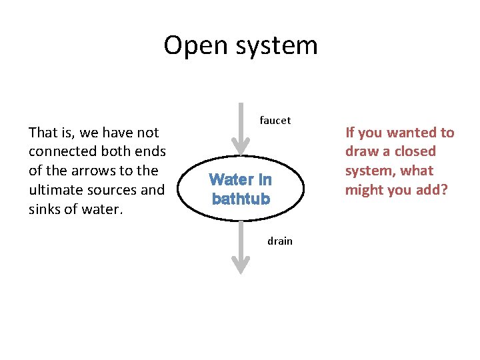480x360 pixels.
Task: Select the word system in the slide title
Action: click(x=276, y=46)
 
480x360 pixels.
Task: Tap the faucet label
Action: click(x=275, y=121)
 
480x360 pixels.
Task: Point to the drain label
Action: click(x=280, y=241)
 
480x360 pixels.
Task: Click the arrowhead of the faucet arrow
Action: click(x=240, y=146)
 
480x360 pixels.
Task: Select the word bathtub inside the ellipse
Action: click(x=241, y=199)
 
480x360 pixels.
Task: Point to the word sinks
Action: click(x=46, y=209)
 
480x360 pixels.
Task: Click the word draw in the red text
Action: click(x=361, y=151)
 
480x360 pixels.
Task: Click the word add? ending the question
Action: click(x=432, y=190)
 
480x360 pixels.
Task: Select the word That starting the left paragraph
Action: click(x=43, y=133)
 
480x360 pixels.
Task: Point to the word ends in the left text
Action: click(x=151, y=151)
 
